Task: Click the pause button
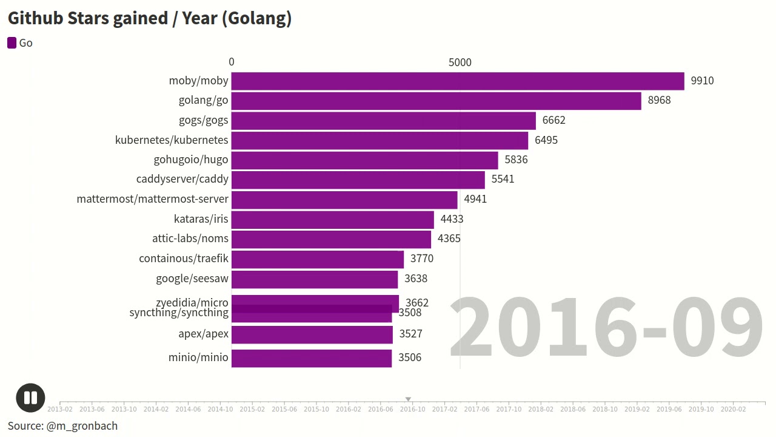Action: (30, 398)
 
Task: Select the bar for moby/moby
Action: (458, 81)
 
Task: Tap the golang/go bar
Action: (436, 101)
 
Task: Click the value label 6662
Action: (554, 120)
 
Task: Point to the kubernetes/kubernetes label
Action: (172, 140)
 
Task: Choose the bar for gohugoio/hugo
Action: (364, 160)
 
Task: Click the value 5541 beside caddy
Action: (503, 179)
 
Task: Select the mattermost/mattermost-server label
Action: (152, 199)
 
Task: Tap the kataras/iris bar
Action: (332, 219)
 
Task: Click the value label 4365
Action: (449, 239)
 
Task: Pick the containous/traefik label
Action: (184, 259)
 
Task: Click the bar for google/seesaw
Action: (314, 279)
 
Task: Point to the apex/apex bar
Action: (312, 334)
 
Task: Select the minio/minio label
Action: (198, 357)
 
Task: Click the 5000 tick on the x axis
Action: (460, 63)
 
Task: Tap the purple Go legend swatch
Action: (12, 42)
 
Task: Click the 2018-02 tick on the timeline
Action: (541, 409)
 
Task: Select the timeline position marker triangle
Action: (408, 399)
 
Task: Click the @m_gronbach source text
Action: (82, 426)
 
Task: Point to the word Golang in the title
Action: (256, 18)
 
